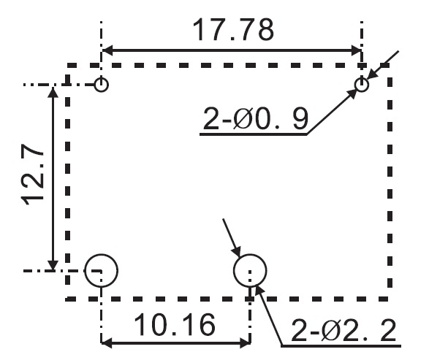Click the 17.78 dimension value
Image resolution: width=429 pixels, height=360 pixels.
pos(233,30)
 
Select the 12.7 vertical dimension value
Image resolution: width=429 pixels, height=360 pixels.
pos(33,174)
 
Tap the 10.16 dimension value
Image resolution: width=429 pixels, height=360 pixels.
pos(175,324)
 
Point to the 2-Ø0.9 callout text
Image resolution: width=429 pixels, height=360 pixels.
pos(256,118)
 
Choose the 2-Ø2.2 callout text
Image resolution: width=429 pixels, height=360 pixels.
pos(343,330)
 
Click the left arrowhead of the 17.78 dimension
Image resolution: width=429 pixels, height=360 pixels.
pos(107,50)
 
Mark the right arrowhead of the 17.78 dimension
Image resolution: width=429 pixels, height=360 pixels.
pos(356,50)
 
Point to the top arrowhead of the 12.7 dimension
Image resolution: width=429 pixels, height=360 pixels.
pos(53,91)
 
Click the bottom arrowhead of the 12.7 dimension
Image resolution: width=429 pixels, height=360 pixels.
pos(53,264)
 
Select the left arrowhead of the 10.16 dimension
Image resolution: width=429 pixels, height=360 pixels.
pos(107,343)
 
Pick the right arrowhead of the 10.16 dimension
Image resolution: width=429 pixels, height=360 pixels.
pos(245,343)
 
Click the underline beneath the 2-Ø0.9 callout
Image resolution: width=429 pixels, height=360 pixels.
pos(254,134)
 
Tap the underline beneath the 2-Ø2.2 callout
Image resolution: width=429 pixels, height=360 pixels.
pos(341,346)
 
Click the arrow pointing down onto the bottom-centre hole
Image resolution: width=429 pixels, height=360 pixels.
pos(232,238)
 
